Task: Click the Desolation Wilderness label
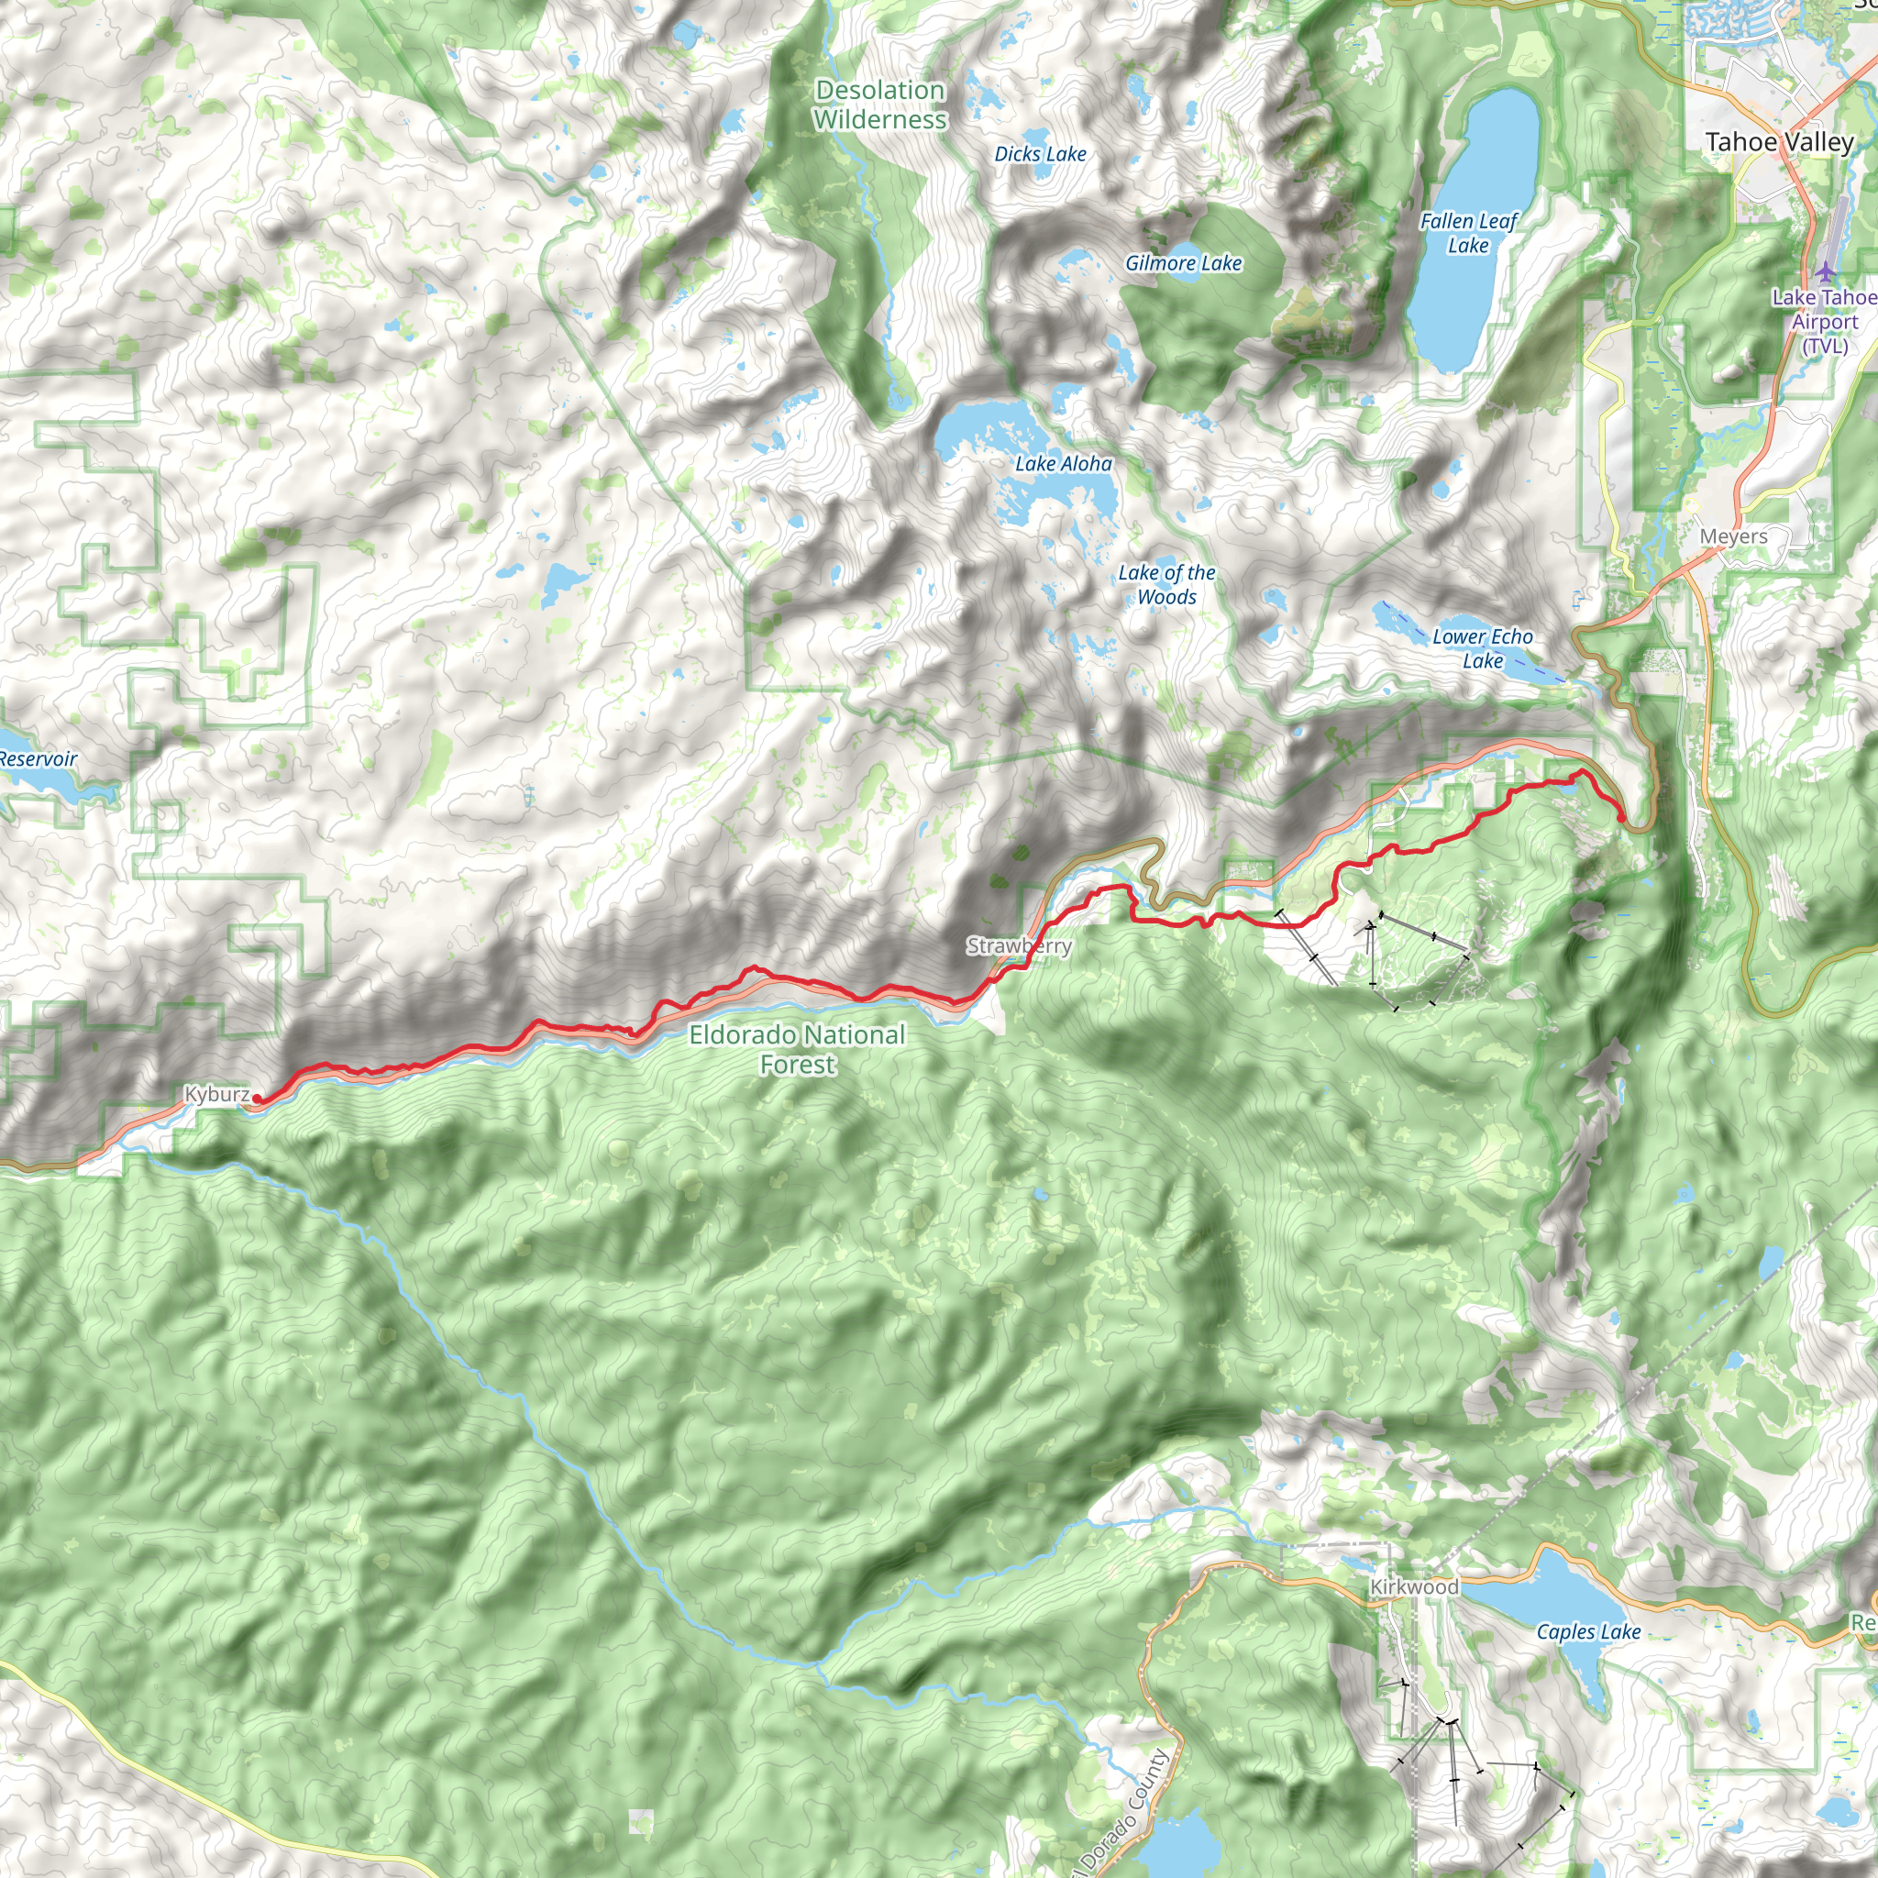(879, 105)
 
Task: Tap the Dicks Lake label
(1040, 153)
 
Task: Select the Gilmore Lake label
(1183, 263)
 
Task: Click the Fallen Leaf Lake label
(1468, 233)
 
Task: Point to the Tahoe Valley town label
(1779, 142)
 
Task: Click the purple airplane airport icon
(1827, 271)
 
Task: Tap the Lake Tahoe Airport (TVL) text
(1824, 321)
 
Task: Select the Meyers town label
(1733, 536)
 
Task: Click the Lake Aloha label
(1064, 465)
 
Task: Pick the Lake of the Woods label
(1166, 585)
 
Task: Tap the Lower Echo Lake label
(1483, 648)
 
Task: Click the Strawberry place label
(1019, 945)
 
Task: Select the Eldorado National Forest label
(797, 1050)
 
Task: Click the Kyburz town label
(215, 1095)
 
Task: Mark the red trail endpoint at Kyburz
(258, 1099)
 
